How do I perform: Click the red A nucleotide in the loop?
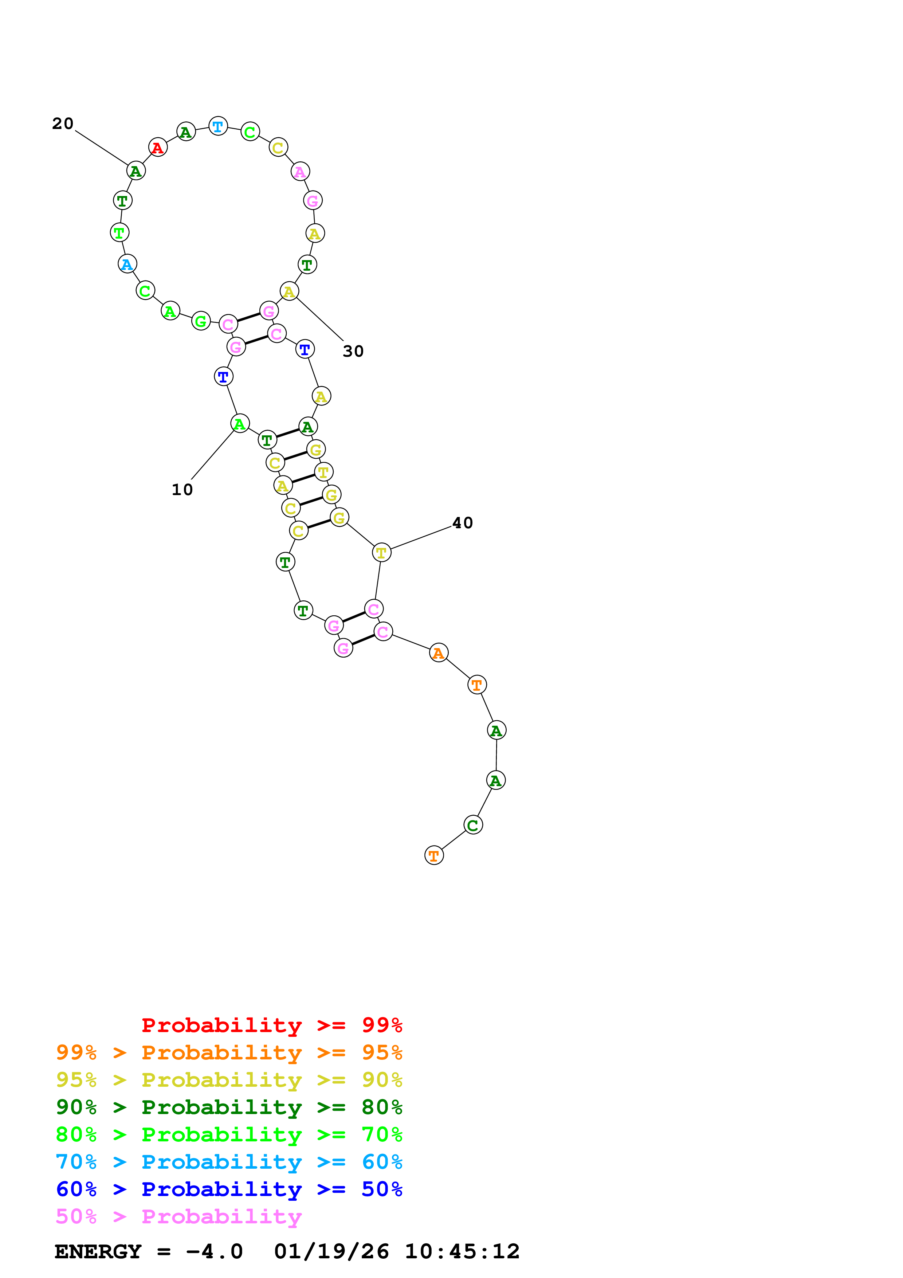click(x=158, y=148)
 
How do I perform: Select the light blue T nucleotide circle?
click(x=218, y=126)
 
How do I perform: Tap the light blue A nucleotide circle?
click(x=127, y=264)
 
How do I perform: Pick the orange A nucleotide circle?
click(x=439, y=652)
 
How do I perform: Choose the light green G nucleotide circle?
click(x=201, y=321)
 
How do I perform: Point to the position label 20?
click(x=63, y=124)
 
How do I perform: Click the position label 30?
click(x=353, y=351)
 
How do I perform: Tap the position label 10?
click(x=182, y=490)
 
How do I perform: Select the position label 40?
click(x=462, y=523)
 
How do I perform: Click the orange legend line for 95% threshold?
click(x=229, y=1052)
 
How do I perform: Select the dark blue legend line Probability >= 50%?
click(x=229, y=1189)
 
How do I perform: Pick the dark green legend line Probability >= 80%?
click(x=229, y=1107)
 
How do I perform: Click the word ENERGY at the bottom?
click(x=98, y=1252)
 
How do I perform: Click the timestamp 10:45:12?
click(x=462, y=1252)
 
